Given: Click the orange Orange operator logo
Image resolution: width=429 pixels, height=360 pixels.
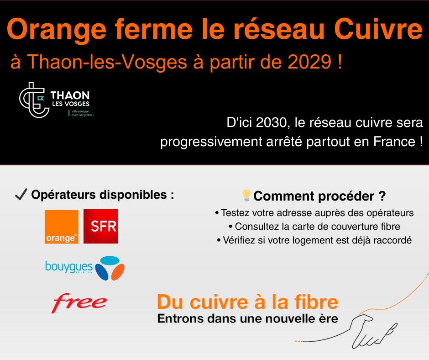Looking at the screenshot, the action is click(62, 227).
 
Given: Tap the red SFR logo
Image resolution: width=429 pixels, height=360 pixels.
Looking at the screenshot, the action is click(101, 226).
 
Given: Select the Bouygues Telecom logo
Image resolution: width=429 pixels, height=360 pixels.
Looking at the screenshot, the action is click(85, 268).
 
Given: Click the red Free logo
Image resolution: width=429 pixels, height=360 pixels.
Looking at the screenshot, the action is click(79, 303).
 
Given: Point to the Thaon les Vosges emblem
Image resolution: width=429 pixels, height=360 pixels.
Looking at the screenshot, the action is click(34, 100).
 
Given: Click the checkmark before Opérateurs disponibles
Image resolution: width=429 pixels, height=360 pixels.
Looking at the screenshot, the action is click(21, 195).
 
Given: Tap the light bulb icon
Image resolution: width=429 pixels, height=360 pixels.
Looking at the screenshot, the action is click(246, 196).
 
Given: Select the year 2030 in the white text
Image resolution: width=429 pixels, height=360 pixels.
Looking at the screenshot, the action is click(272, 122).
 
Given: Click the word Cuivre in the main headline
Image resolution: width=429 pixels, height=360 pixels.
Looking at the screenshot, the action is click(378, 29).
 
